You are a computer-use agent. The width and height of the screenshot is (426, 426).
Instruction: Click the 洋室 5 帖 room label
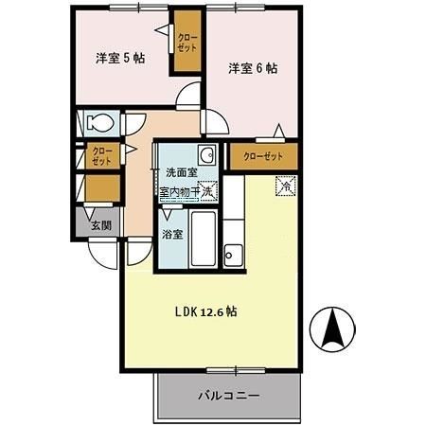point(119,59)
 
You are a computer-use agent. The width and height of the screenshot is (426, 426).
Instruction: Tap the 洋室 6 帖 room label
point(252,68)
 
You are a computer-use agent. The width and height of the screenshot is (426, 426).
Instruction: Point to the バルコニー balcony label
point(228,396)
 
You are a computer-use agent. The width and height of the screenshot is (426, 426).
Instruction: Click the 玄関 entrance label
point(101,224)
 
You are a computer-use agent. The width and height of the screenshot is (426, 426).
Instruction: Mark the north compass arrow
point(334,328)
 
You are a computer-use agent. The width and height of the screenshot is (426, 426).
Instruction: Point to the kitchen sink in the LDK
point(233,254)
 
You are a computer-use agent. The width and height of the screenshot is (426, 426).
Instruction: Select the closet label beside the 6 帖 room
point(262,156)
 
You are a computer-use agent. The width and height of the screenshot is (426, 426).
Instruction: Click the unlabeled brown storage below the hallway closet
point(101,187)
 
